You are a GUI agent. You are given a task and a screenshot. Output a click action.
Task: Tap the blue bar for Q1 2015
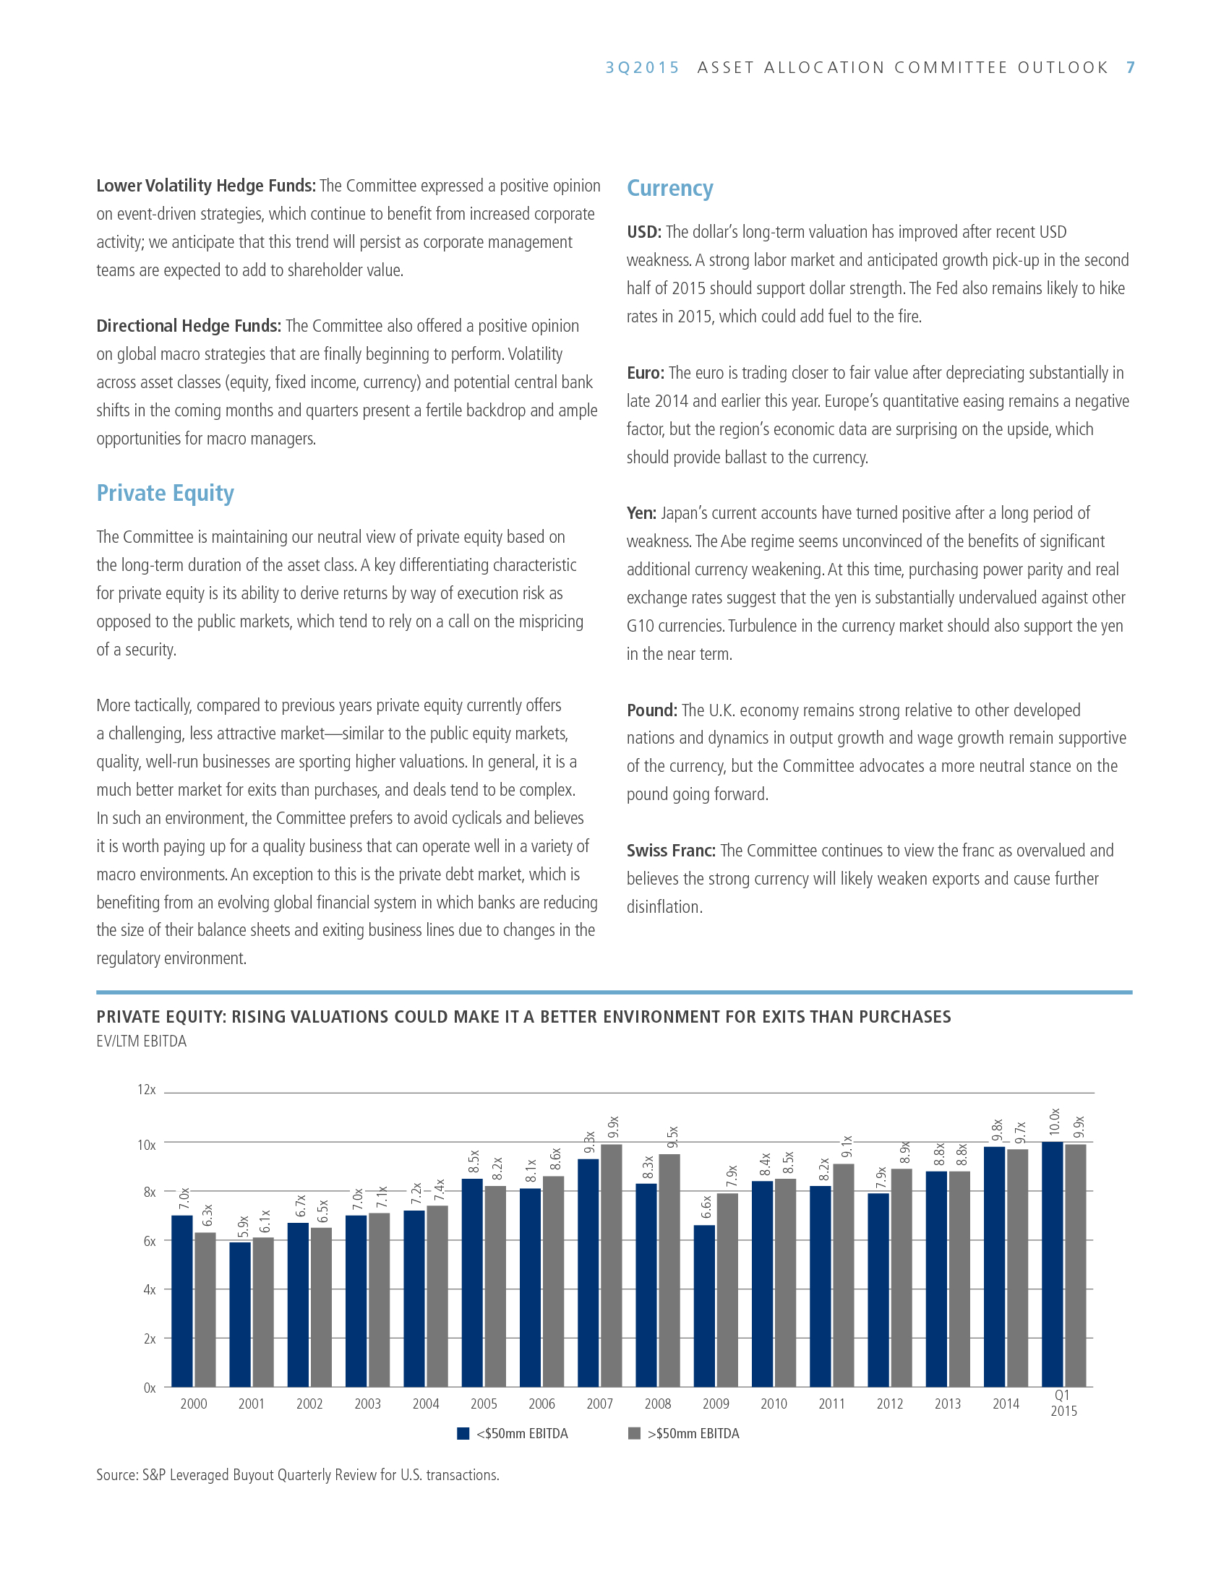coord(1052,1264)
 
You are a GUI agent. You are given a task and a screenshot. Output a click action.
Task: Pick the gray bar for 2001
coord(263,1312)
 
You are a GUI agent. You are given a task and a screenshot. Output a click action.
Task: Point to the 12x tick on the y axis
coord(146,1090)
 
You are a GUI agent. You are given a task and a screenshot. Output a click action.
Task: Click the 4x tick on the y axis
coord(149,1289)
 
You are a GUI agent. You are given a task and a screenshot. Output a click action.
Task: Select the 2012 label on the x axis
coord(890,1404)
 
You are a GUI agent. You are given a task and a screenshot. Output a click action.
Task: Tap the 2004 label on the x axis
coord(426,1404)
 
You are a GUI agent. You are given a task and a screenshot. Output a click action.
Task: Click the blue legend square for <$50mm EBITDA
coord(463,1433)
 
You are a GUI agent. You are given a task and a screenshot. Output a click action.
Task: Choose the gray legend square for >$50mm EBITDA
coord(634,1433)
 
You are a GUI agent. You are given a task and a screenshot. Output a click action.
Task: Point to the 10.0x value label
coord(1054,1122)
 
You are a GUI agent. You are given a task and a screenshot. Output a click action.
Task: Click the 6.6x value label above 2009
coord(706,1207)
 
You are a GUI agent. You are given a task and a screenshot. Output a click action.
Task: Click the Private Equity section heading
coord(166,493)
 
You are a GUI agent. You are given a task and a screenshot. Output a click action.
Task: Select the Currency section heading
coord(670,188)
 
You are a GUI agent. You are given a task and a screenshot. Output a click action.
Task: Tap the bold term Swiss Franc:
coord(671,851)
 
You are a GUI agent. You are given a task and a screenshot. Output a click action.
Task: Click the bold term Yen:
coord(641,513)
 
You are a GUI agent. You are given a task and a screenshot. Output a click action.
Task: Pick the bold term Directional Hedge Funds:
coord(189,326)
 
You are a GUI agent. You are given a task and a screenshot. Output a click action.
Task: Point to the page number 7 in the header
coord(1130,68)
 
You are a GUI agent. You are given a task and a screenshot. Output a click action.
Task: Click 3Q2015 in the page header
coord(642,68)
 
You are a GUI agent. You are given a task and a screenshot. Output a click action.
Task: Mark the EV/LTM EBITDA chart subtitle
coord(141,1041)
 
